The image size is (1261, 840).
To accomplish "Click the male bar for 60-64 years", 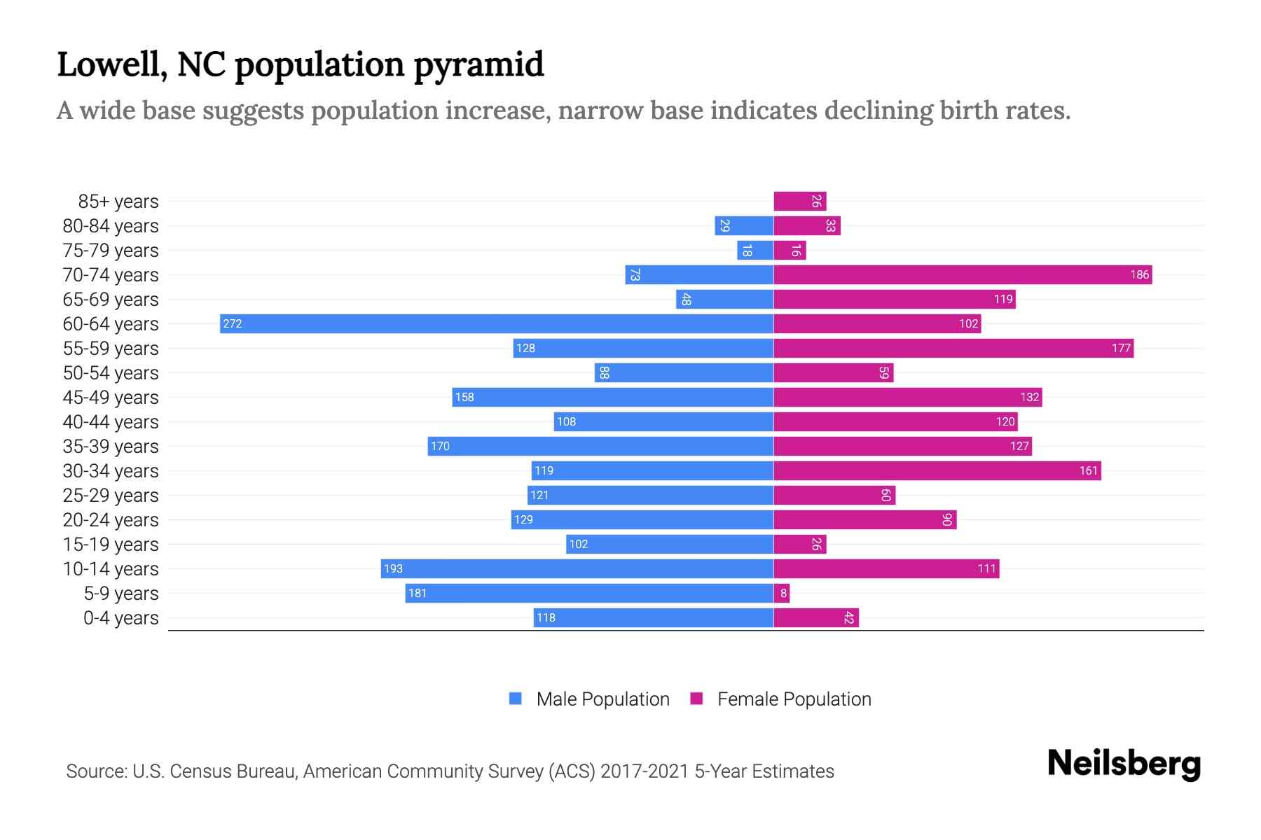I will (x=496, y=323).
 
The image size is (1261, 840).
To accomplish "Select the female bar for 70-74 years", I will (x=963, y=274).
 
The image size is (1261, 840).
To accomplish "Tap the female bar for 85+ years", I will (x=800, y=201).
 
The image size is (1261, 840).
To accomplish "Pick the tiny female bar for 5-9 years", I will (x=782, y=593).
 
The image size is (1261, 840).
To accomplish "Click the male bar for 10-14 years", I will (x=577, y=568).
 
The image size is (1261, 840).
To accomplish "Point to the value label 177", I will (x=1121, y=348).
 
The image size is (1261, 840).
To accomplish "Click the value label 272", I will (x=233, y=323).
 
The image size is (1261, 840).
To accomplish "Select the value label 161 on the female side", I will (x=1088, y=470).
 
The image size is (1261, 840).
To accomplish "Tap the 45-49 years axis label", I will (x=111, y=397).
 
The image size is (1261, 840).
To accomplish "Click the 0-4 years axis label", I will (x=120, y=617).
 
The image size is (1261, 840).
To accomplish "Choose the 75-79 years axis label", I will (x=111, y=250).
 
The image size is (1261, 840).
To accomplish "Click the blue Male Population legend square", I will (x=516, y=699).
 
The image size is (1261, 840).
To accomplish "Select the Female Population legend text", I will (x=794, y=699).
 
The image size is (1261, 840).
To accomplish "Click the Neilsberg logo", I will (x=1124, y=763).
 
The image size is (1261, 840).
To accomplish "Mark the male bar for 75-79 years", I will (x=755, y=250).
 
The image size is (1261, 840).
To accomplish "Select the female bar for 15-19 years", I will (x=800, y=544).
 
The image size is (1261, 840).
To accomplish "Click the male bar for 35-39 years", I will (x=600, y=446).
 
